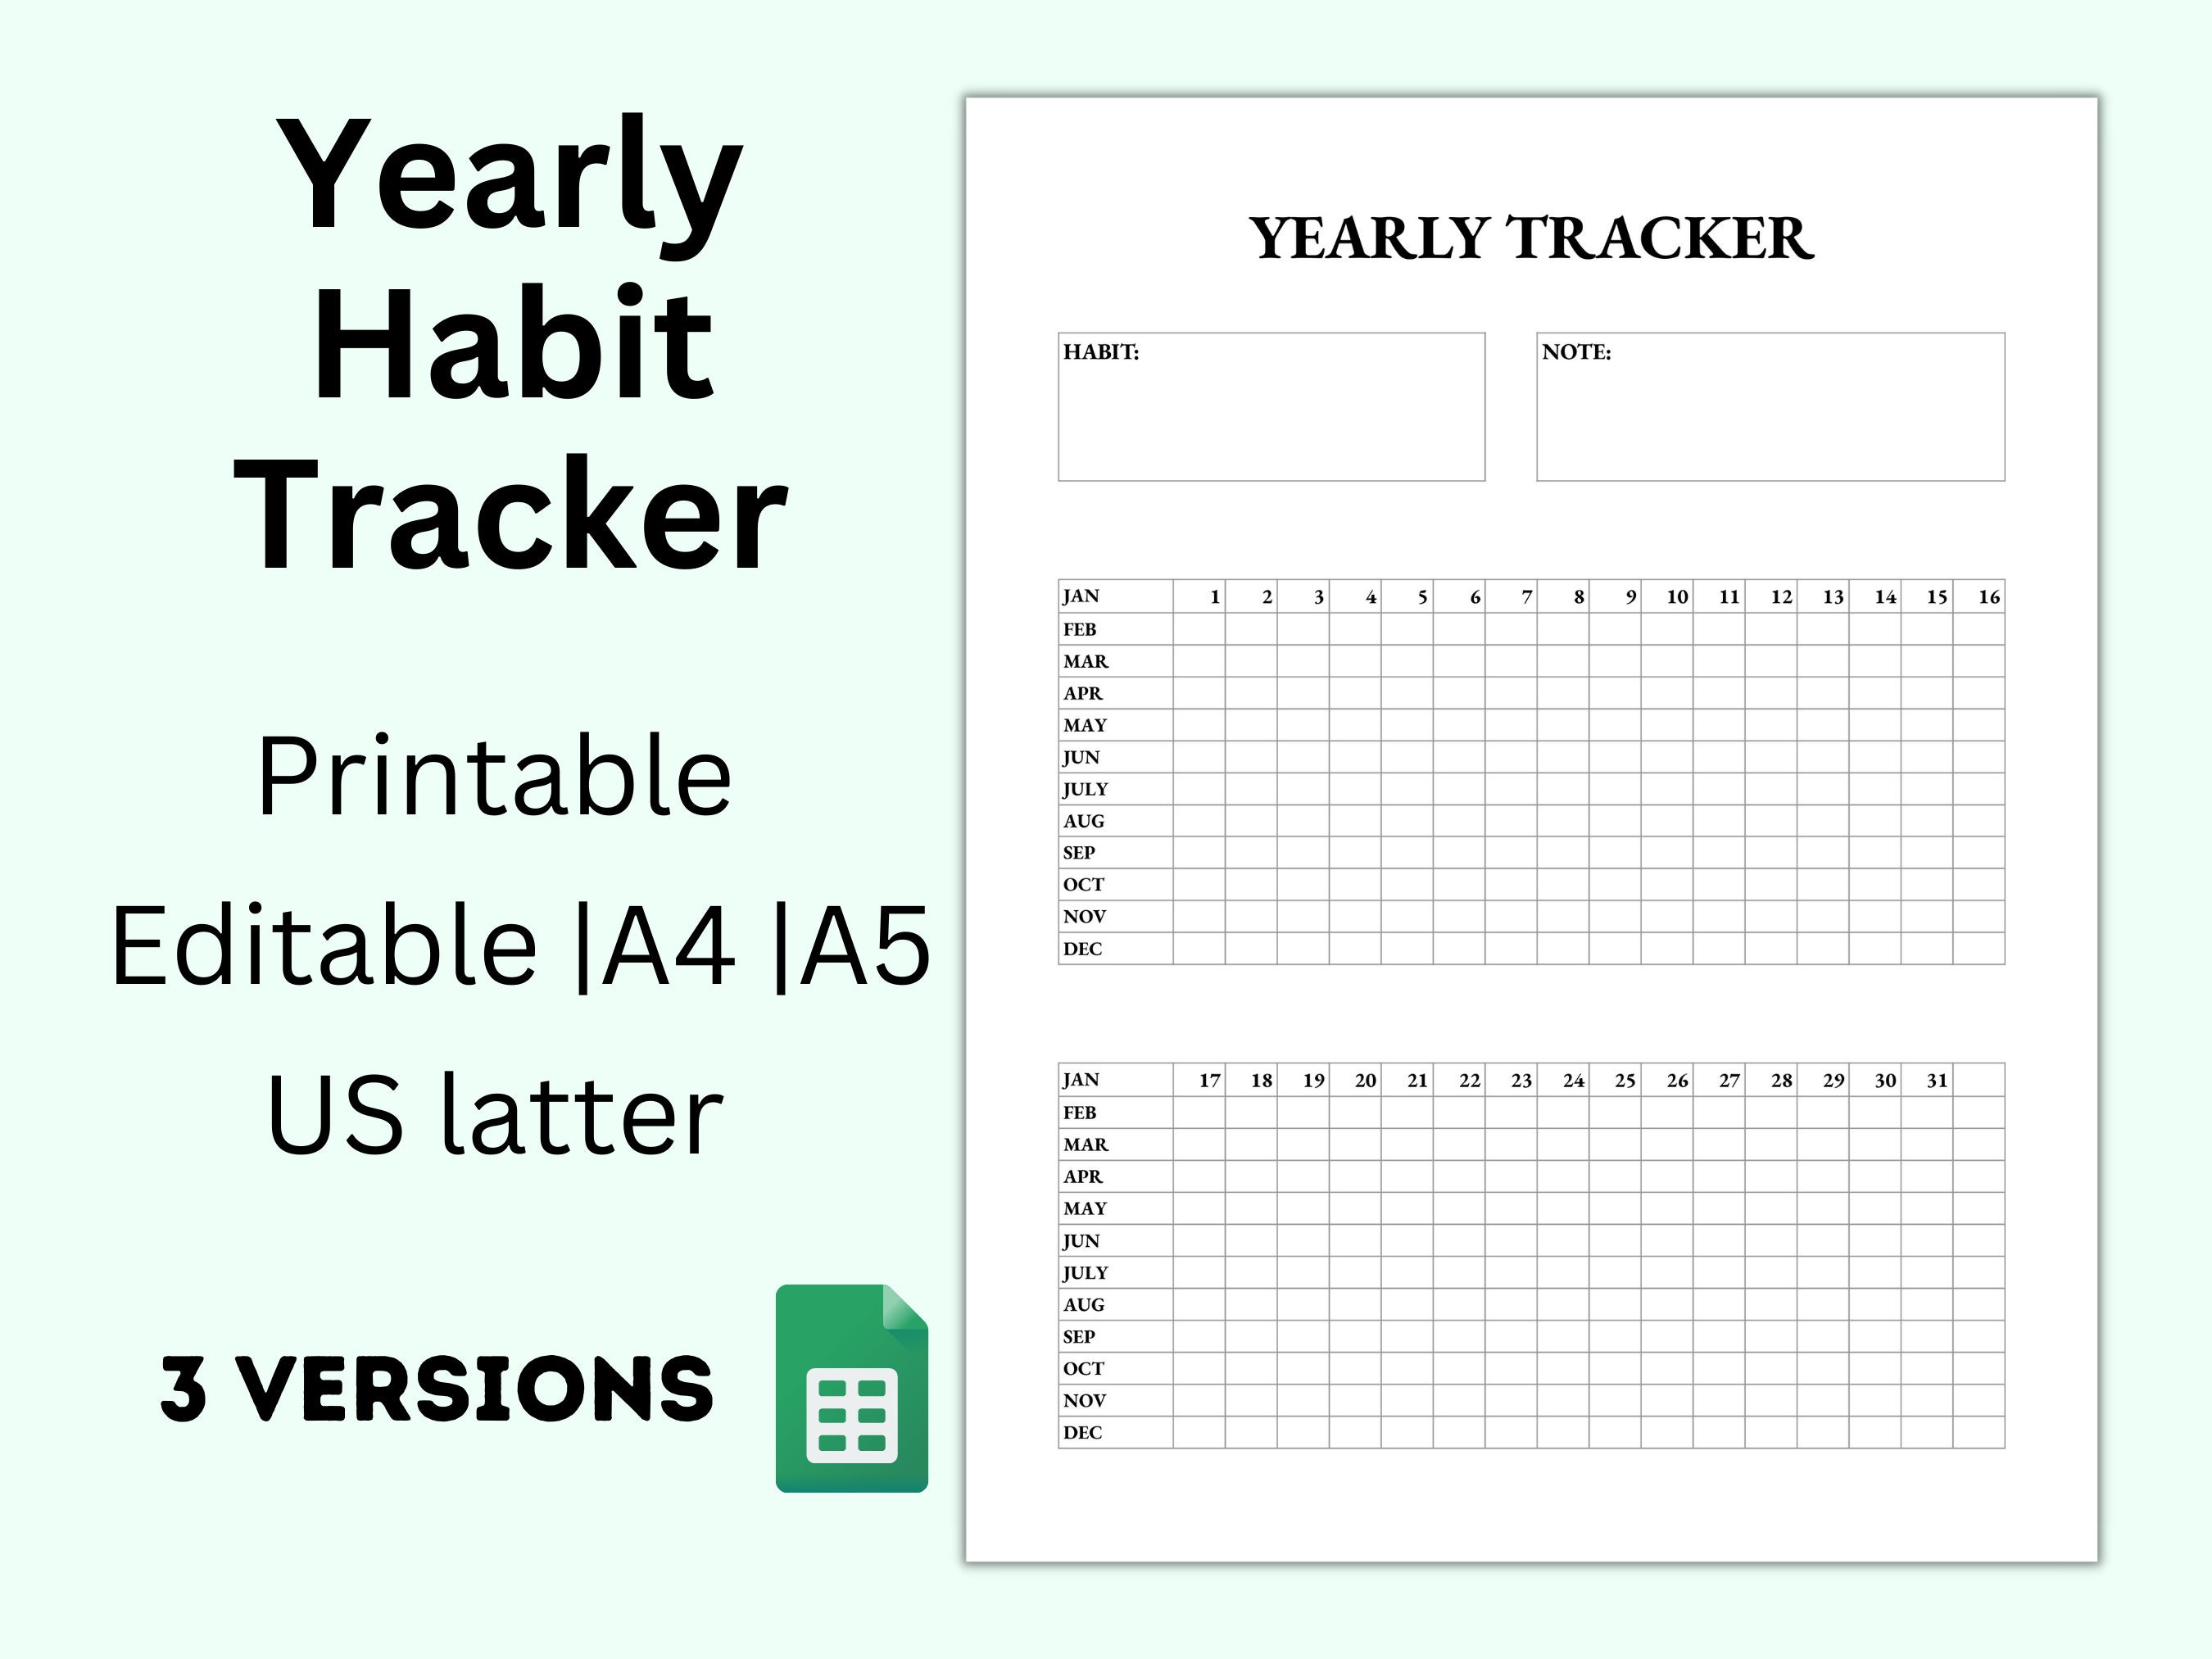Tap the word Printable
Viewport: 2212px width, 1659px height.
tap(494, 776)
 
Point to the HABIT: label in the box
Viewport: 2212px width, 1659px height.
tap(1100, 352)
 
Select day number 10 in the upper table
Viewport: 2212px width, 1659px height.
tap(1676, 597)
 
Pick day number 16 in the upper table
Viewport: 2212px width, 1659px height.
tap(1988, 597)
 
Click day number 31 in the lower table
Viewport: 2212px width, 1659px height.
tap(1936, 1080)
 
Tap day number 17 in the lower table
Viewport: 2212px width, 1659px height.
tap(1209, 1080)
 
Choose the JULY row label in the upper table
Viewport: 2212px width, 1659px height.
tap(1085, 789)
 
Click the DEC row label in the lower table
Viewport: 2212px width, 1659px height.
tap(1082, 1432)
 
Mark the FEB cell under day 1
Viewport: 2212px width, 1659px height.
tap(1199, 629)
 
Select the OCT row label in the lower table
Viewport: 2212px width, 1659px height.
tap(1083, 1368)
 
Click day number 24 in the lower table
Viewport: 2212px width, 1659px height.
tap(1573, 1080)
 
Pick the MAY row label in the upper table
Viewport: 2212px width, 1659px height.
tap(1085, 725)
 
